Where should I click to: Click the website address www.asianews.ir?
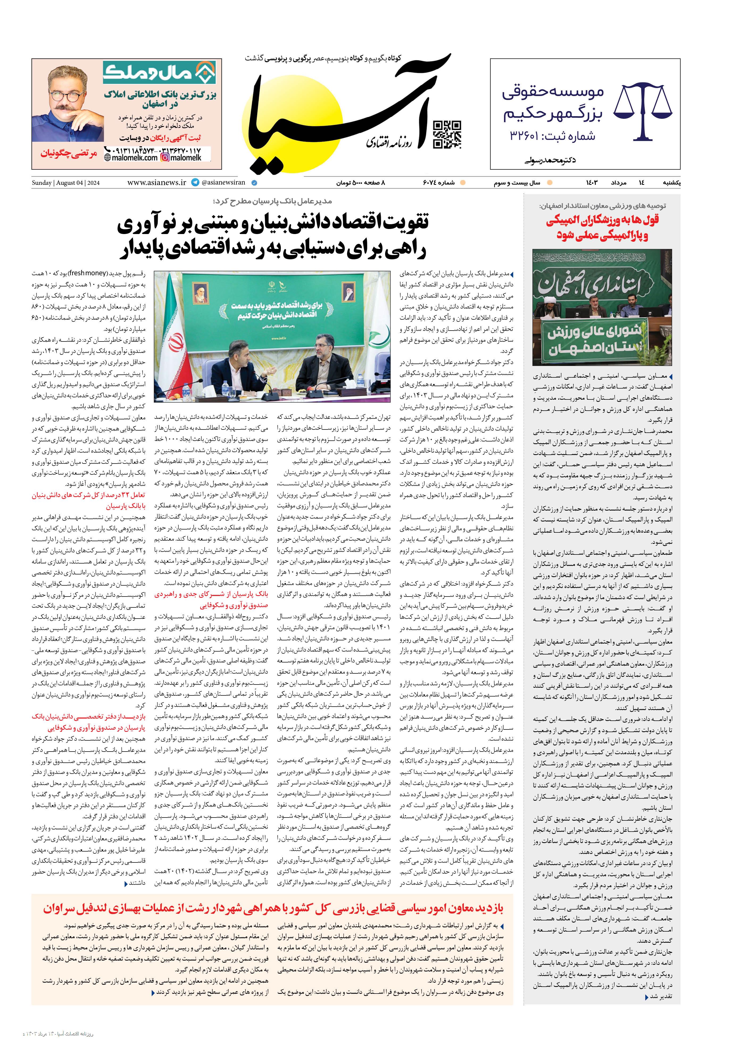156,182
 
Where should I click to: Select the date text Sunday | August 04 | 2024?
66,183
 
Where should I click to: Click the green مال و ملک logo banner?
159,73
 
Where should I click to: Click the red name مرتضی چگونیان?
68,154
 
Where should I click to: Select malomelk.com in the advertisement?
131,158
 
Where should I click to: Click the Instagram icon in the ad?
165,158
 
